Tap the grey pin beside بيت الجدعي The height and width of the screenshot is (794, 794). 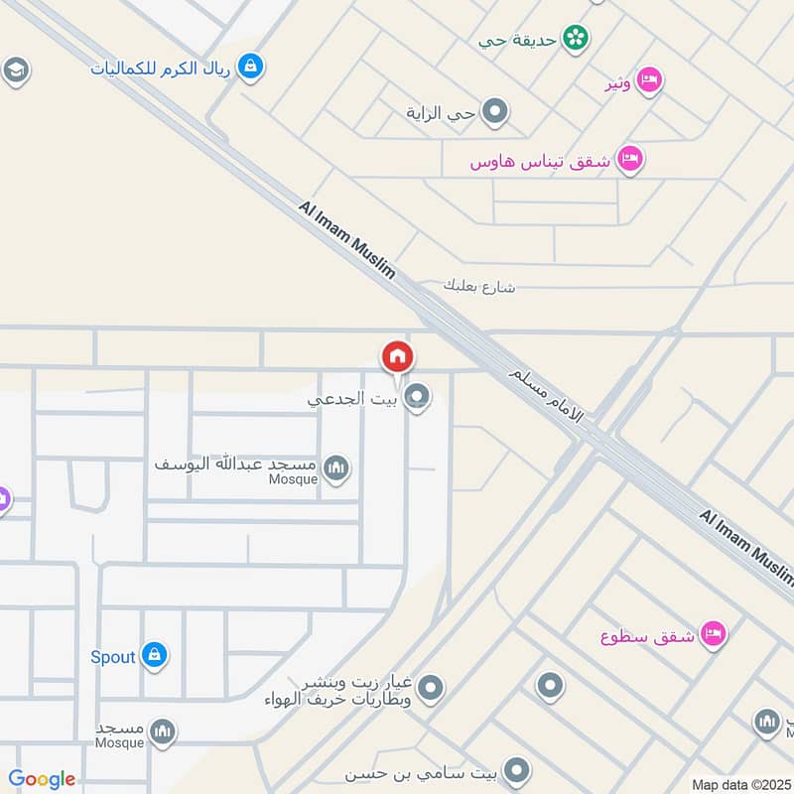[418, 398]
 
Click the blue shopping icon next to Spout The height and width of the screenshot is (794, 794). [154, 655]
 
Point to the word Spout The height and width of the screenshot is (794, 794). [112, 657]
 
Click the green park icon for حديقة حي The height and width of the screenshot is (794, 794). [575, 39]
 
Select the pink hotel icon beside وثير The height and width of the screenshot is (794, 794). [649, 79]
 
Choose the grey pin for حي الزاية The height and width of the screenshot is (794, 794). [495, 112]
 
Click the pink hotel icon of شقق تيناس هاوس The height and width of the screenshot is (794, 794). [629, 159]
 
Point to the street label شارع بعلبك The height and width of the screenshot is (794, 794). [479, 286]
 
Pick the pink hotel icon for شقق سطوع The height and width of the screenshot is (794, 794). [712, 633]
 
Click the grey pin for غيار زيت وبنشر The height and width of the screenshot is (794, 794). [430, 686]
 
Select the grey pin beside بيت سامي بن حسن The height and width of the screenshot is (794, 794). [515, 770]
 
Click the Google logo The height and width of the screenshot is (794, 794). [42, 779]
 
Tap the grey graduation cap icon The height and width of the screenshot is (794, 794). [15, 70]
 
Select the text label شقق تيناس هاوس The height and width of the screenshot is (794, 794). [542, 161]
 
